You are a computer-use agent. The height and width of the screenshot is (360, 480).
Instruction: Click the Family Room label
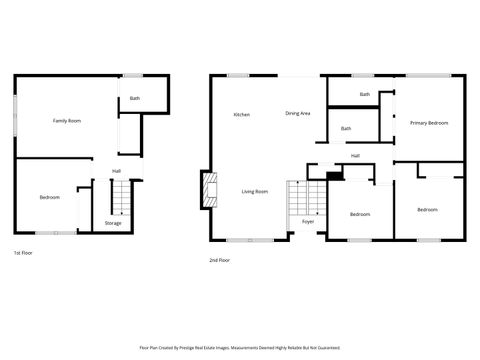pos(67,120)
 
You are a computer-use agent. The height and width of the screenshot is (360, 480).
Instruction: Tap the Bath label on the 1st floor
pos(134,98)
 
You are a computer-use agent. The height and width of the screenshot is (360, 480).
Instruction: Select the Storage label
pos(113,223)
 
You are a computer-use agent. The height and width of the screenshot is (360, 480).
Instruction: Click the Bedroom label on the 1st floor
pos(50,197)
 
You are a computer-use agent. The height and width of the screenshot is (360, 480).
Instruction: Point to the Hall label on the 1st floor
pos(116,171)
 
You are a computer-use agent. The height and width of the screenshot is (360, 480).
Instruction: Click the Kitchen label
pos(241,115)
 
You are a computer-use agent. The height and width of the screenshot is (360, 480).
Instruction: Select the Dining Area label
pos(297,113)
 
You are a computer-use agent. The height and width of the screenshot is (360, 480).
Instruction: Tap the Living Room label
pos(254,191)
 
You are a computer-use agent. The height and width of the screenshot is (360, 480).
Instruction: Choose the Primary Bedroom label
pos(428,123)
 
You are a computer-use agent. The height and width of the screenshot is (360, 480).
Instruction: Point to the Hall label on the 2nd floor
pos(355,156)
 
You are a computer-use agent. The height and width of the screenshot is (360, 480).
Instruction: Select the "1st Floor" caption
pos(24,252)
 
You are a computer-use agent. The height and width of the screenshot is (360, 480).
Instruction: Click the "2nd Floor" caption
pos(220,259)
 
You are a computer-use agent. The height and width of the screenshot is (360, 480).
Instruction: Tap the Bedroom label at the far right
pos(427,209)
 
